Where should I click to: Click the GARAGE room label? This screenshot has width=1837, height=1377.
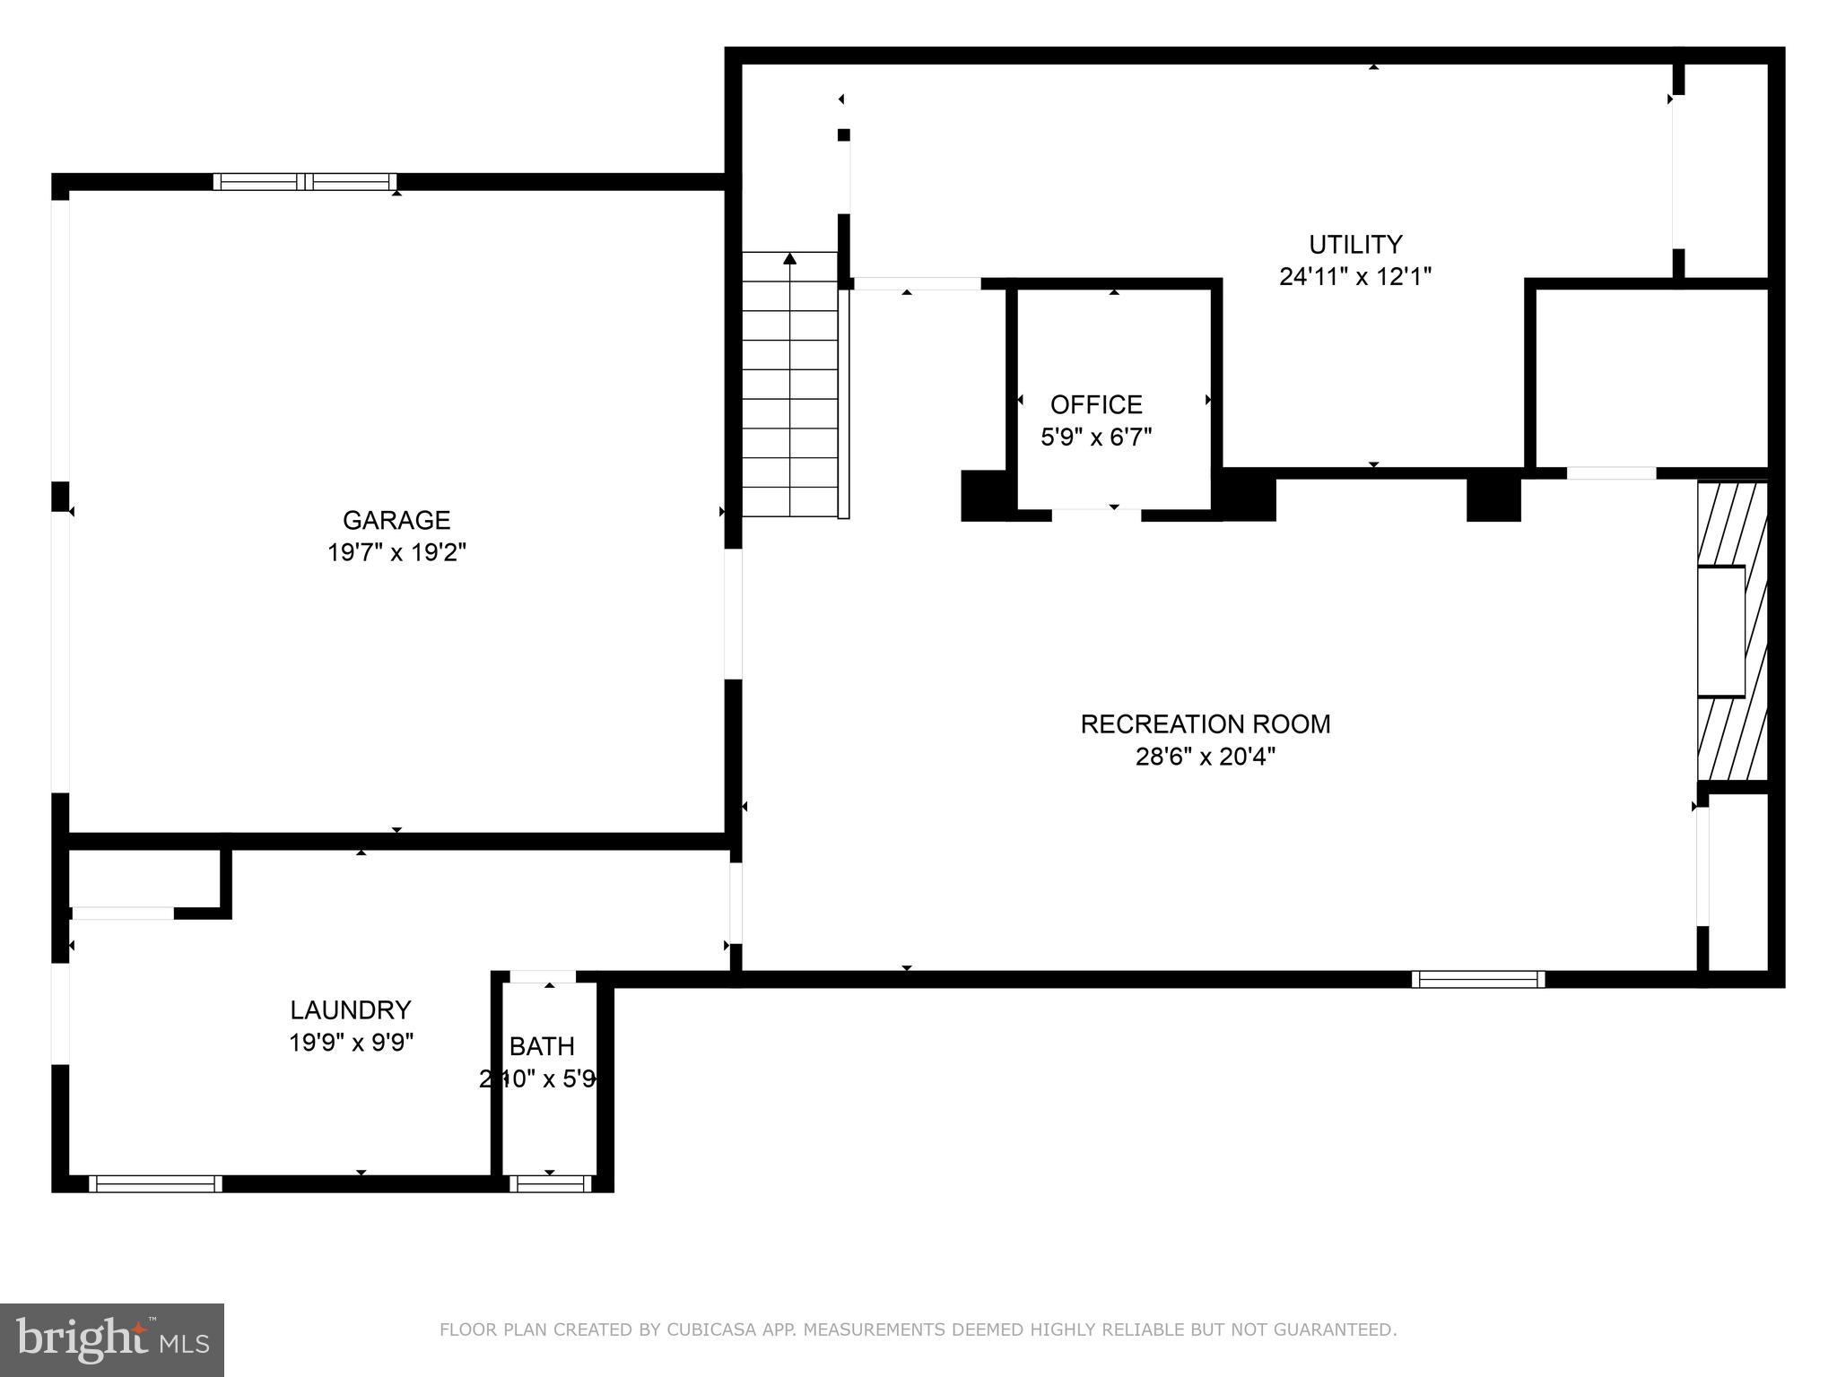396,520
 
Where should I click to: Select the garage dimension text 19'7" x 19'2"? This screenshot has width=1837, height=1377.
396,552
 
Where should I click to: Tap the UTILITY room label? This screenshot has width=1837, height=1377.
1354,244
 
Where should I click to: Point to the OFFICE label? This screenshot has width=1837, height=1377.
1096,404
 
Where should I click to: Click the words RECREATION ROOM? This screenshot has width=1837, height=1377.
1205,723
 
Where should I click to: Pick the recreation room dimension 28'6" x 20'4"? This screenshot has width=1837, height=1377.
1205,757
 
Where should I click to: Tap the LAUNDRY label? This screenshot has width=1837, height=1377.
350,1010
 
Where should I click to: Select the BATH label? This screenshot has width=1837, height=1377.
542,1046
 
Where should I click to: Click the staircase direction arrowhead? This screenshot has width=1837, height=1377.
789,259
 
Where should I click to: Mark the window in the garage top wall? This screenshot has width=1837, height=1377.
305,182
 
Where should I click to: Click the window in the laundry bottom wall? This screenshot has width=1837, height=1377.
155,1183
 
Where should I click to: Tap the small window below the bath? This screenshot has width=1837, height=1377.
550,1183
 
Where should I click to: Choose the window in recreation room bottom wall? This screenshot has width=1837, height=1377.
1477,979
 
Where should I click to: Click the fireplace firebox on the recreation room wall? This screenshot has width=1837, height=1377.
1720,631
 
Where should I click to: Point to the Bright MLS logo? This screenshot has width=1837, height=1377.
112,1339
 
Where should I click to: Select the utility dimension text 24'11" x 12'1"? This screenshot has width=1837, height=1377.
1354,276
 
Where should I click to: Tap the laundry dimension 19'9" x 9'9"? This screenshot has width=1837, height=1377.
350,1043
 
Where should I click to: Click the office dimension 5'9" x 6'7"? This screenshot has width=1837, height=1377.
1096,437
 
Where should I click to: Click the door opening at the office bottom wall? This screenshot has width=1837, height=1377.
1096,514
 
